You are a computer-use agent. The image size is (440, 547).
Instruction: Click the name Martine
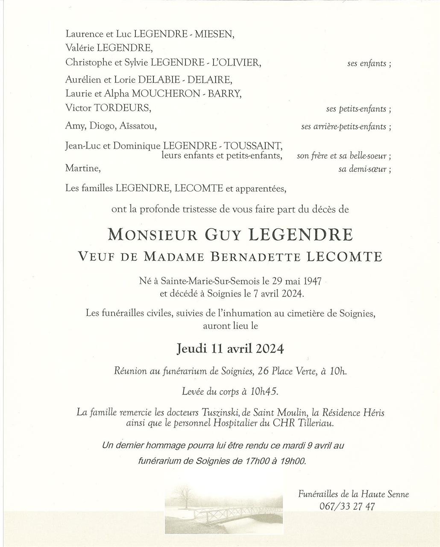(82, 168)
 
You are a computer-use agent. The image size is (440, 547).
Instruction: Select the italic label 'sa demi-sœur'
(363, 169)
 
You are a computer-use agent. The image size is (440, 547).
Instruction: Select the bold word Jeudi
(191, 349)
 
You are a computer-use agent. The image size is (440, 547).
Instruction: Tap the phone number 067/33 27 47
(347, 506)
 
